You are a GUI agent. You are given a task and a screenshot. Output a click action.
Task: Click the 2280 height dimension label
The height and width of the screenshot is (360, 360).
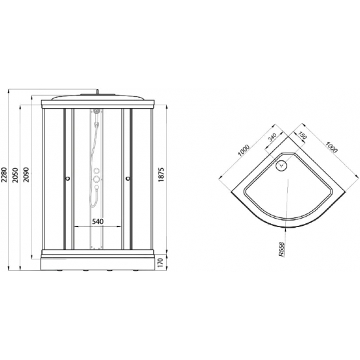(5, 175)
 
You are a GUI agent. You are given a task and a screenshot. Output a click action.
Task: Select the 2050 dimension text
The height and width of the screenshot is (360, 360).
(16, 175)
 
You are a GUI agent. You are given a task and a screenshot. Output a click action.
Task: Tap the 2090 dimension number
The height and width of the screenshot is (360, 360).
(26, 175)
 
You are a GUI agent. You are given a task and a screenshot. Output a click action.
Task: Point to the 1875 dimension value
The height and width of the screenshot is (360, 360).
(161, 175)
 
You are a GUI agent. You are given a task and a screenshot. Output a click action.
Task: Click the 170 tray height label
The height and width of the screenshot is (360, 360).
(160, 262)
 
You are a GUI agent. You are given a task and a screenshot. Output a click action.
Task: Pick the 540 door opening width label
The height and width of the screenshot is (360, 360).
(98, 221)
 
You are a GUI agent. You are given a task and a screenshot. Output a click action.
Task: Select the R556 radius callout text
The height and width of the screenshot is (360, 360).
(281, 249)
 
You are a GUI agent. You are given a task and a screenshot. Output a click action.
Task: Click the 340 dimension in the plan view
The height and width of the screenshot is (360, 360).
(272, 137)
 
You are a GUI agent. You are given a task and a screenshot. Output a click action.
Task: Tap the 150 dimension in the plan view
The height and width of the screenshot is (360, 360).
(302, 135)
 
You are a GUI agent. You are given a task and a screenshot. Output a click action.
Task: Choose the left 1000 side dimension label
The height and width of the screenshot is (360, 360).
(243, 150)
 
